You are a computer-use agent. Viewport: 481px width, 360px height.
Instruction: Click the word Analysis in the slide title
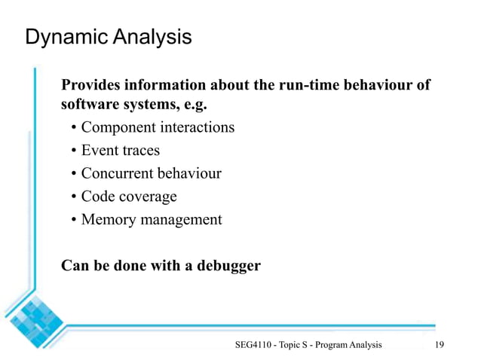pyautogui.click(x=151, y=37)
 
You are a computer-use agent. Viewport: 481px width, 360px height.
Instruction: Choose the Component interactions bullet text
pyautogui.click(x=158, y=127)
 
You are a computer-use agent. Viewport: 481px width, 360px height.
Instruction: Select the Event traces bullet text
pyautogui.click(x=121, y=150)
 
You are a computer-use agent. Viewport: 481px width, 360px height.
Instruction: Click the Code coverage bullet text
pyautogui.click(x=129, y=197)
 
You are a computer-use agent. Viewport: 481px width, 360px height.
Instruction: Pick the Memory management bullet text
pyautogui.click(x=152, y=220)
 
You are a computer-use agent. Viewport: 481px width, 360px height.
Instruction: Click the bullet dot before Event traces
pyautogui.click(x=74, y=151)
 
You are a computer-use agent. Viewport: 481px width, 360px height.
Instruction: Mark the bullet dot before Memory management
pyautogui.click(x=74, y=221)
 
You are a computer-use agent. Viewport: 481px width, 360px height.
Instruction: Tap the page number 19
pyautogui.click(x=441, y=344)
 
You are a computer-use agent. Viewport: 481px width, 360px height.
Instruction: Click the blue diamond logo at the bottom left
pyautogui.click(x=34, y=316)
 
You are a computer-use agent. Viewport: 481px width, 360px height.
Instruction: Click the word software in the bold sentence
pyautogui.click(x=90, y=104)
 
